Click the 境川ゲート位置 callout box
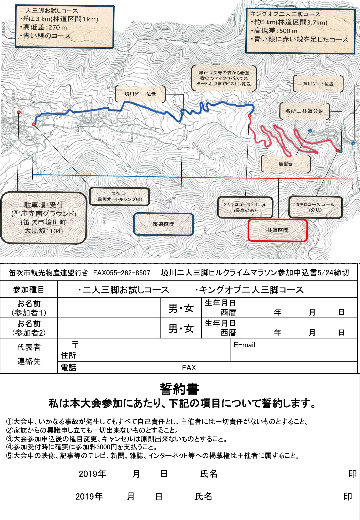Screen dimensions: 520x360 [x=140, y=94]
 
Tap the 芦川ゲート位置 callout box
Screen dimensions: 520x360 [x=318, y=84]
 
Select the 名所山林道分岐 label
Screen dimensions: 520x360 [x=304, y=111]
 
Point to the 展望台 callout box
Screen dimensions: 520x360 [x=286, y=164]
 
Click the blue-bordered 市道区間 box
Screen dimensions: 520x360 [x=163, y=224]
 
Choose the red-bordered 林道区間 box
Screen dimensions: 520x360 [x=277, y=230]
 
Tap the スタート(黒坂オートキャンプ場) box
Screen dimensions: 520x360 [x=119, y=196]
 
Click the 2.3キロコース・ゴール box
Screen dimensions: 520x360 [x=245, y=207]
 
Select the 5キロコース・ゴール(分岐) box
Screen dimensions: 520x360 [x=315, y=207]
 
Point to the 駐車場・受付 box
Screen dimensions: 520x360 [x=43, y=218]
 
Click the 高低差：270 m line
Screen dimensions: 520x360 [x=45, y=27]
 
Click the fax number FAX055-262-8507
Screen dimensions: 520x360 [x=122, y=273]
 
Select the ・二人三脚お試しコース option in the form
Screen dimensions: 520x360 [x=124, y=290]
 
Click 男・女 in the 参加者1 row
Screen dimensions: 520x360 [x=181, y=308]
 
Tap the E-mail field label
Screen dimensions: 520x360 [x=244, y=345]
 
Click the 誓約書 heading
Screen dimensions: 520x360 [x=179, y=389]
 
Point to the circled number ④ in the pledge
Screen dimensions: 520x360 [x=9, y=447]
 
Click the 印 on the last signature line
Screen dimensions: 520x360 [x=348, y=497]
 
